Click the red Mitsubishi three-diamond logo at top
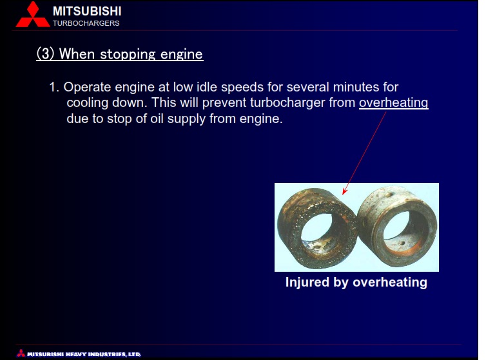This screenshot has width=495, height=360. (x=33, y=14)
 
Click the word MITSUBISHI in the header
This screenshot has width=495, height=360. (x=87, y=12)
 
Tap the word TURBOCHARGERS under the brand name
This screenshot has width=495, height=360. (x=86, y=23)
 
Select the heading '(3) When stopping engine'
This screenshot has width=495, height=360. (x=120, y=54)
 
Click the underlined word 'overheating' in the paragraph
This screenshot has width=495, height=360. (x=394, y=102)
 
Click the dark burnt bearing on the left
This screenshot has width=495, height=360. (x=317, y=228)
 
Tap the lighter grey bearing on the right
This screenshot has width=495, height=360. (x=397, y=225)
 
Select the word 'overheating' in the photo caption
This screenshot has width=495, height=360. (x=390, y=282)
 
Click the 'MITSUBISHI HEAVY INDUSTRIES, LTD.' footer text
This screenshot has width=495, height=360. (x=84, y=354)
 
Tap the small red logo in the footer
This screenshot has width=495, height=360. (x=21, y=353)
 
